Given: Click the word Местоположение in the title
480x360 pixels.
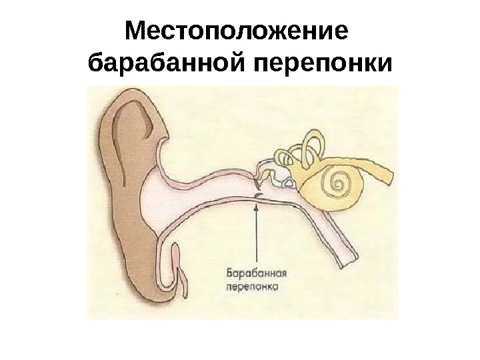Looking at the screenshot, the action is [x=237, y=31].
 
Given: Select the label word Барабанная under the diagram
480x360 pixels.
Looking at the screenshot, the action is [x=257, y=273].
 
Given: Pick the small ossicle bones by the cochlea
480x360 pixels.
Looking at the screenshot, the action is [x=273, y=172].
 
